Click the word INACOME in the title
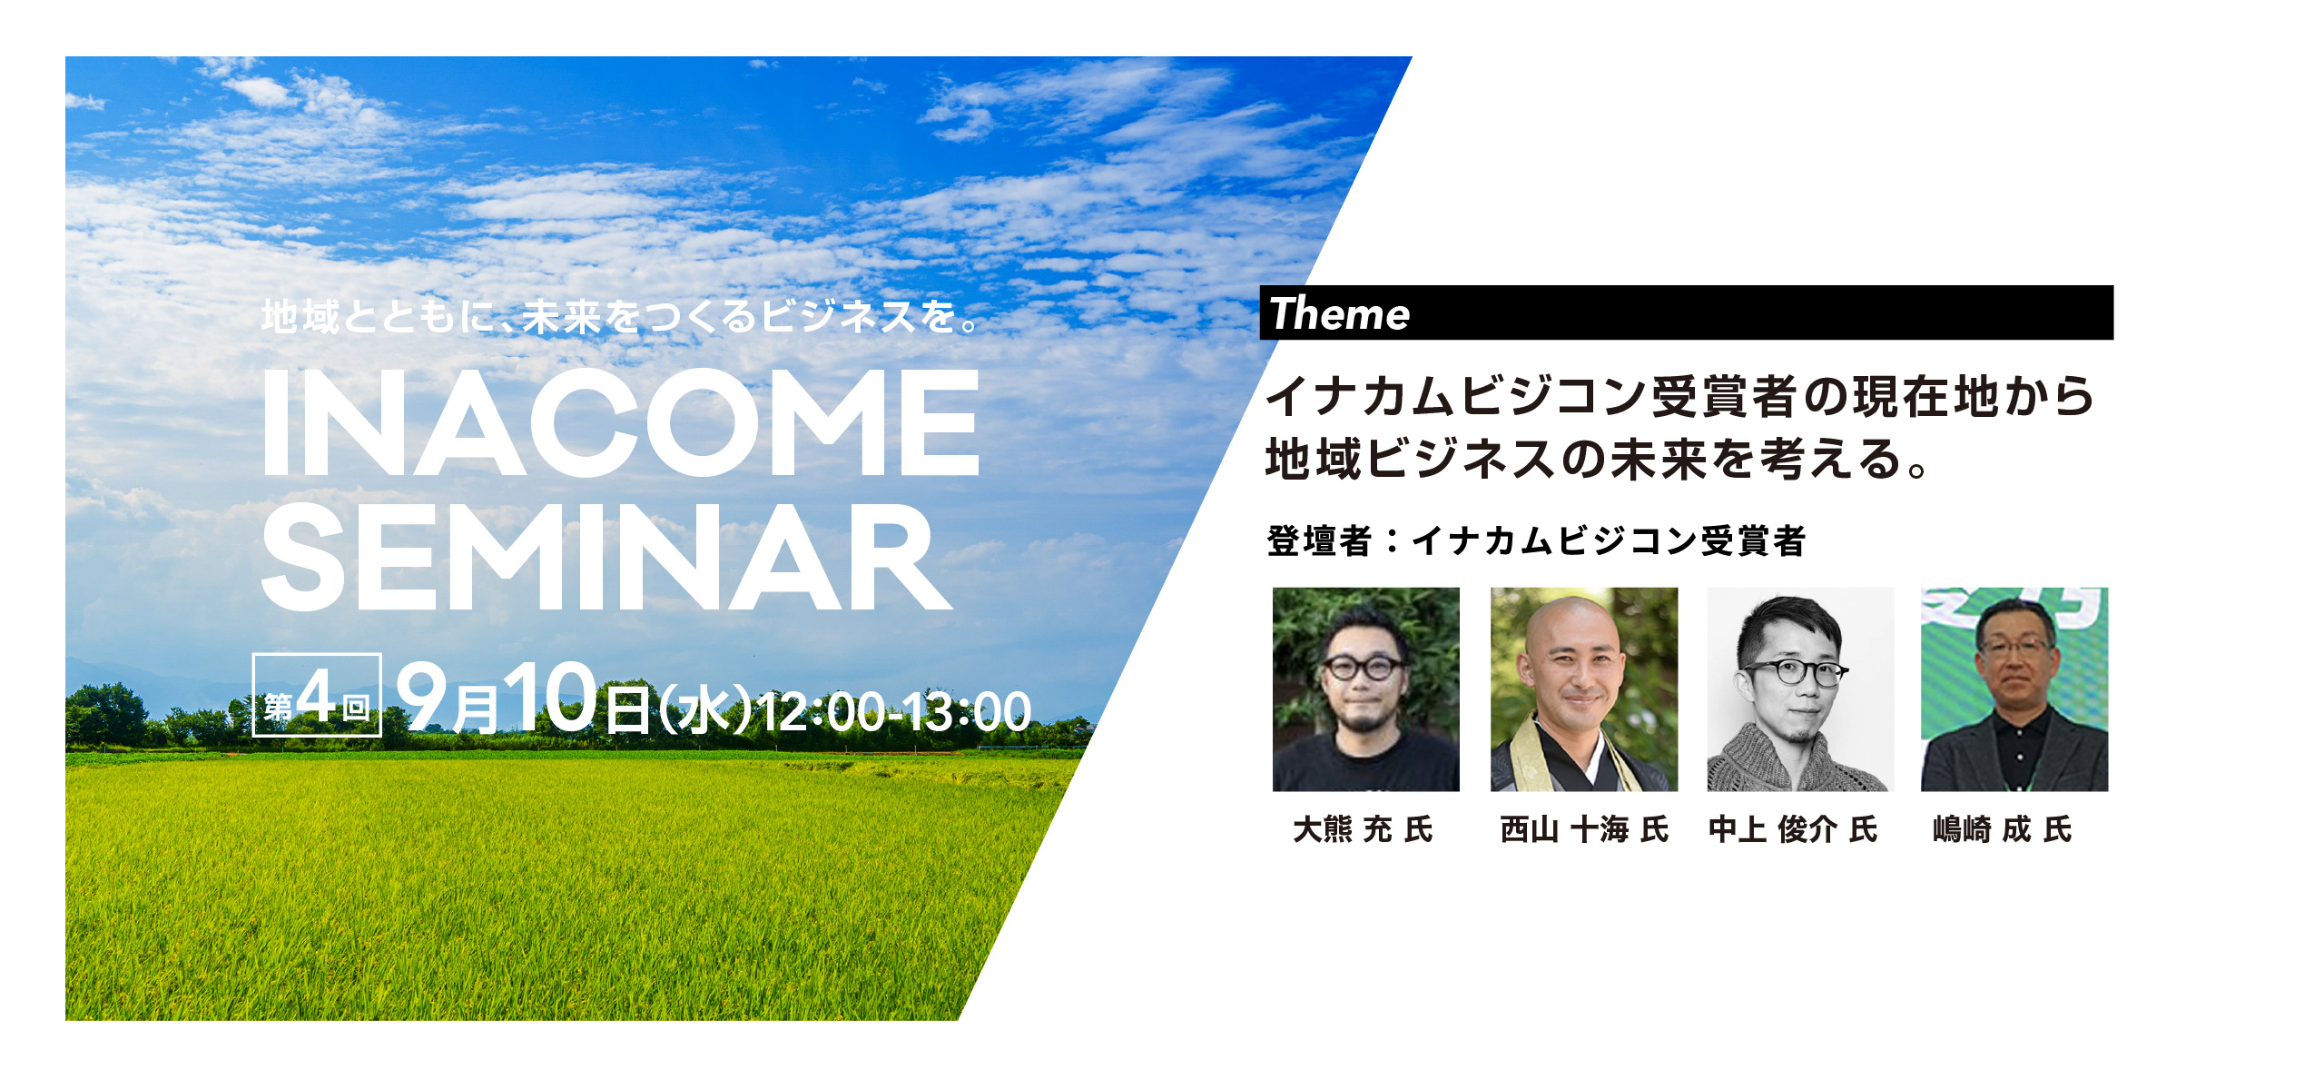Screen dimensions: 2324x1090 621,422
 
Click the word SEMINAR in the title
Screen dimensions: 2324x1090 606,557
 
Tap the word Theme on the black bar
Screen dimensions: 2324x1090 1339,313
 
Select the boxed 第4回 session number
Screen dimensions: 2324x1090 317,695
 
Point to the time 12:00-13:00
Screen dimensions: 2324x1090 894,711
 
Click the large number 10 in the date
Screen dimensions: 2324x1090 550,697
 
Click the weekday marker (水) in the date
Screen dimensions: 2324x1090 704,710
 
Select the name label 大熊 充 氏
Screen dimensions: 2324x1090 1364,829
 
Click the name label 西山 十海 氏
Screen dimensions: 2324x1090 1584,829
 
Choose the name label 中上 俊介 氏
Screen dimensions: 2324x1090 1793,829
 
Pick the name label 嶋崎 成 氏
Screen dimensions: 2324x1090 2003,829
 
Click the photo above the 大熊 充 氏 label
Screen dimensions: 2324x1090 1366,689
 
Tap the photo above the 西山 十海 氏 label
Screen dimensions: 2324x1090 1584,689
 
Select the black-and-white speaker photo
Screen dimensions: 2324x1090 1800,689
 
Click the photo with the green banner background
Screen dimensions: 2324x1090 2014,689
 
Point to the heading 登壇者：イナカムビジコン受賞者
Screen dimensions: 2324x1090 1536,541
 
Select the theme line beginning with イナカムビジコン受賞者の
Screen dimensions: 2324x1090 1680,396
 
